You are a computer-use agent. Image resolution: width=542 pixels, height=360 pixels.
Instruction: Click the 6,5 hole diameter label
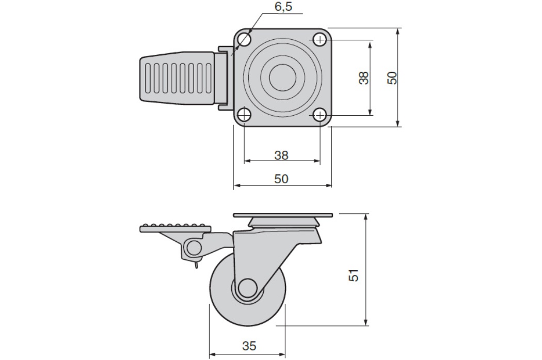pyautogui.click(x=283, y=7)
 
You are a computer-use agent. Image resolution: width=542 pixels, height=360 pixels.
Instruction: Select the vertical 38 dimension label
pyautogui.click(x=364, y=78)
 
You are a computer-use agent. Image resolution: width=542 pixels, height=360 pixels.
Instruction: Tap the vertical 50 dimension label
pyautogui.click(x=392, y=78)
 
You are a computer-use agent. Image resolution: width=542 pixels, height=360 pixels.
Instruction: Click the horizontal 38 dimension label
pyautogui.click(x=281, y=155)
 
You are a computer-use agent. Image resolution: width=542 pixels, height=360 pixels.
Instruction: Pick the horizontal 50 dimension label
pyautogui.click(x=281, y=179)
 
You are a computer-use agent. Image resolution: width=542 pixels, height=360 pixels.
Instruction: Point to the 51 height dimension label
pyautogui.click(x=353, y=275)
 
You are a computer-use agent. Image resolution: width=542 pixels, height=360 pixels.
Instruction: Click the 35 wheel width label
pyautogui.click(x=249, y=346)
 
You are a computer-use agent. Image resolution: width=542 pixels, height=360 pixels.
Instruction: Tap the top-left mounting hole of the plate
pyautogui.click(x=244, y=40)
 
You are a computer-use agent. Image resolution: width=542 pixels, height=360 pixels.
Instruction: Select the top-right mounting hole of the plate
pyautogui.click(x=320, y=40)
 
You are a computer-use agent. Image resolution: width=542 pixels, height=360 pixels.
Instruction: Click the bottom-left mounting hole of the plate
pyautogui.click(x=244, y=115)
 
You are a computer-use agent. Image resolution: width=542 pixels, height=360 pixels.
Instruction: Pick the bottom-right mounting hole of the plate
pyautogui.click(x=320, y=115)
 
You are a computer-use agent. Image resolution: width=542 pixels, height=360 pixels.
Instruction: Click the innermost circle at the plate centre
pyautogui.click(x=282, y=77)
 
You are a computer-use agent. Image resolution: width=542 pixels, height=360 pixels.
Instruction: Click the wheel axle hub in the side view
pyautogui.click(x=247, y=287)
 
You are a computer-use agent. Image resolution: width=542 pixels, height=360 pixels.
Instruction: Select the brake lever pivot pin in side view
pyautogui.click(x=194, y=247)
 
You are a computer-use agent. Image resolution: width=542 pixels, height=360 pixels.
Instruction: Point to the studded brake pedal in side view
pyautogui.click(x=176, y=229)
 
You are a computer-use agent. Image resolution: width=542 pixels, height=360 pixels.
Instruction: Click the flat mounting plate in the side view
pyautogui.click(x=283, y=215)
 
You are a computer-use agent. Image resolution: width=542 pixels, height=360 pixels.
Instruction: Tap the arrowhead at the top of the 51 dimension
pyautogui.click(x=366, y=216)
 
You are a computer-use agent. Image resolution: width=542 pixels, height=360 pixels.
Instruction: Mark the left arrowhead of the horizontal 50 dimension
pyautogui.click(x=237, y=186)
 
